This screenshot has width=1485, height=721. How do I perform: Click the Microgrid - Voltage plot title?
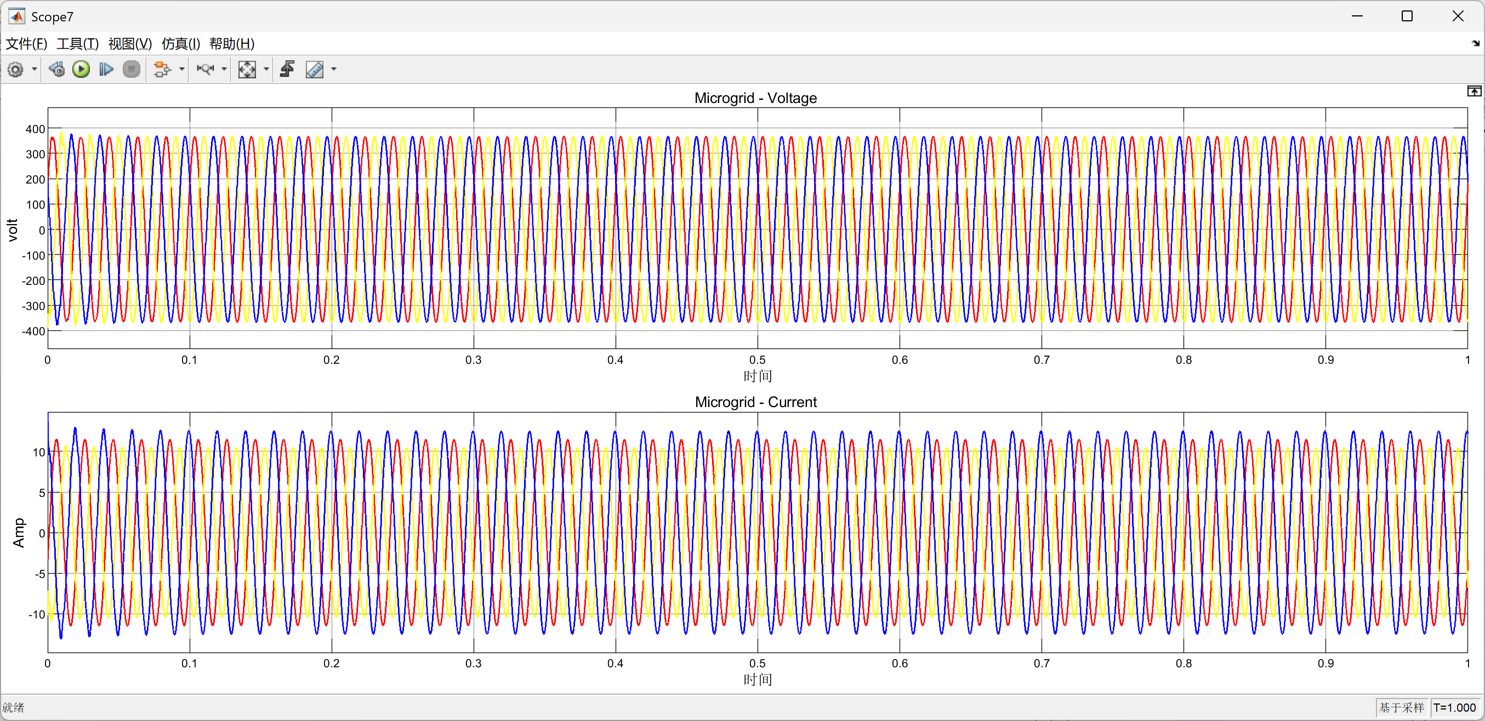pyautogui.click(x=755, y=98)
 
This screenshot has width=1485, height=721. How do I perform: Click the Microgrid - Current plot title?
pyautogui.click(x=756, y=402)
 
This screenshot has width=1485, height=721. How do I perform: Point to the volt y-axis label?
pyautogui.click(x=13, y=230)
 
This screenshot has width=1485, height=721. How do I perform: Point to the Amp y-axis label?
pyautogui.click(x=19, y=533)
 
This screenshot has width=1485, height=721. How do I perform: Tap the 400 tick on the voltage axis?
pyautogui.click(x=35, y=129)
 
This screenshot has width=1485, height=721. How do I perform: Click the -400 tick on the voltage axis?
pyautogui.click(x=33, y=331)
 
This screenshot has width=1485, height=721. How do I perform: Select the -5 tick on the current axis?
pyautogui.click(x=41, y=574)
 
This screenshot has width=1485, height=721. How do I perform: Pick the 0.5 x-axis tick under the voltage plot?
pyautogui.click(x=758, y=360)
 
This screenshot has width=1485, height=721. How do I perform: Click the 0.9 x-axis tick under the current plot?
pyautogui.click(x=1326, y=663)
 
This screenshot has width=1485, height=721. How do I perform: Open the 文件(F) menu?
pyautogui.click(x=26, y=44)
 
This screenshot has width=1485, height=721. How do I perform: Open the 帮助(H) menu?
pyautogui.click(x=232, y=44)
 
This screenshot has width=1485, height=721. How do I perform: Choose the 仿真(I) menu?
pyautogui.click(x=180, y=44)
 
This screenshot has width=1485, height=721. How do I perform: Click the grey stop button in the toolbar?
pyautogui.click(x=132, y=70)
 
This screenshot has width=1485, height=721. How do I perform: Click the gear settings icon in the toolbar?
pyautogui.click(x=15, y=70)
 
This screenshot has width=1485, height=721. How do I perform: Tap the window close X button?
pyautogui.click(x=1458, y=16)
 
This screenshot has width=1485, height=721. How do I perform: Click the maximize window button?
pyautogui.click(x=1407, y=16)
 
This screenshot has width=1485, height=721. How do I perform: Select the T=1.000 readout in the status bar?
pyautogui.click(x=1454, y=708)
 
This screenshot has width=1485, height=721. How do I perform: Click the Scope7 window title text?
pyautogui.click(x=52, y=17)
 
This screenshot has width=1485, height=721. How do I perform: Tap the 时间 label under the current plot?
pyautogui.click(x=758, y=679)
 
